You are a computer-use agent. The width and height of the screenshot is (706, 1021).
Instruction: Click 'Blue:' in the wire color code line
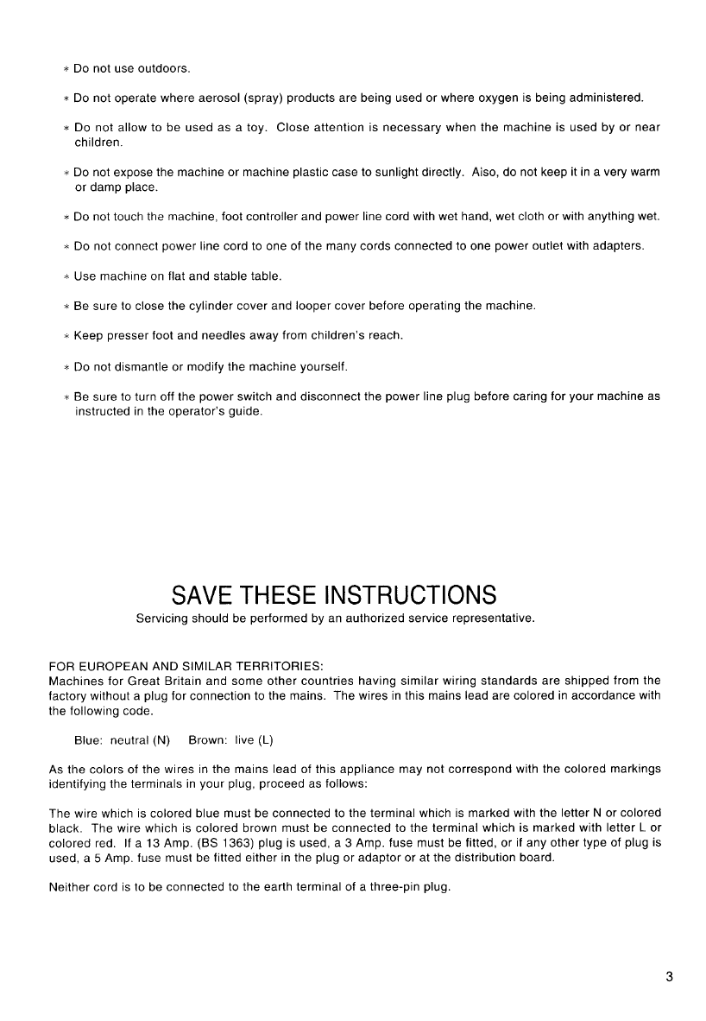point(89,740)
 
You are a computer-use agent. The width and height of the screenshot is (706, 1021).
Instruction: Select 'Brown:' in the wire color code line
point(207,740)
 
